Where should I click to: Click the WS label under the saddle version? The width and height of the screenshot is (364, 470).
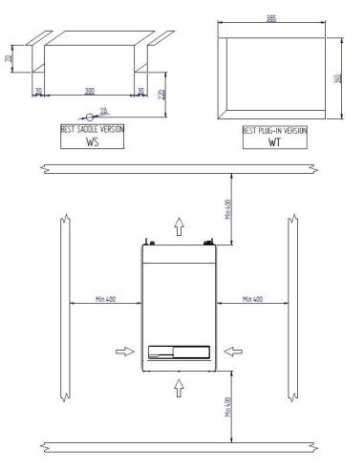pos(93,142)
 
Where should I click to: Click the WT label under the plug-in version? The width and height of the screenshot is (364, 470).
pos(275,142)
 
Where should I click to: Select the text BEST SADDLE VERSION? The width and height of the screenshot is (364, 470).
pos(93,129)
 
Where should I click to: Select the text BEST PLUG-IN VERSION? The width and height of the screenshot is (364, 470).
pos(275,129)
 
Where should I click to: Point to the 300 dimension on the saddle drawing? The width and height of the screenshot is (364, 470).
pos(89,91)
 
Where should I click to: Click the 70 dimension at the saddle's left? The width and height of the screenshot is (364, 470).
pos(8,59)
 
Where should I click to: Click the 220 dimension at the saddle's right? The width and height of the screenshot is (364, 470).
pos(162,94)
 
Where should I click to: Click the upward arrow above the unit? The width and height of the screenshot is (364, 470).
pos(179,225)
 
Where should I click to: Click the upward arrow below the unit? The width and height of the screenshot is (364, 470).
pos(179,385)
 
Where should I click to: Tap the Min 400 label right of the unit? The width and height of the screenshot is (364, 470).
pos(254,298)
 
